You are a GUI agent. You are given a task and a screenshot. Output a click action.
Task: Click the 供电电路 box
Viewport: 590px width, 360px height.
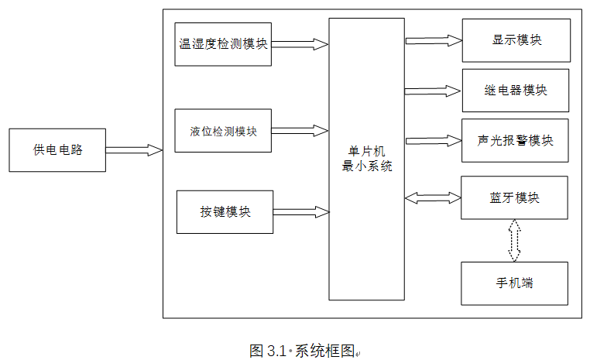click(x=57, y=150)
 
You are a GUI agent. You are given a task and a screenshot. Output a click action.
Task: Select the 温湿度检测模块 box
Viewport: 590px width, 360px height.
click(x=223, y=44)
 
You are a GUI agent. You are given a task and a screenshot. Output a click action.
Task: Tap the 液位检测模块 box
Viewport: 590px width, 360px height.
click(x=223, y=130)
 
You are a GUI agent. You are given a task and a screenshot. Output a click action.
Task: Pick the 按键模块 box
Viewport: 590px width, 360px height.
click(x=225, y=211)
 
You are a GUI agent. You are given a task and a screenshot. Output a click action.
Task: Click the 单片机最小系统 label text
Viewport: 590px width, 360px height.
click(x=367, y=158)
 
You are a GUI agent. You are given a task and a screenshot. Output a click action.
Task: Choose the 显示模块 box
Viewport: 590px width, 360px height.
click(x=516, y=40)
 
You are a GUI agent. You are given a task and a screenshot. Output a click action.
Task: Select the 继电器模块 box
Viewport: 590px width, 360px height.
click(x=515, y=90)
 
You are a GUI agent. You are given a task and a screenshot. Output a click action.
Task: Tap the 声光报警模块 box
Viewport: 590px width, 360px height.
click(x=515, y=140)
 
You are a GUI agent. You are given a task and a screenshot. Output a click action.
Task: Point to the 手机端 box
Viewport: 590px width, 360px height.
click(x=514, y=283)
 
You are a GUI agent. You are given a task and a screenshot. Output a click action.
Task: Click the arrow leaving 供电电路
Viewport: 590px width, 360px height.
click(x=133, y=150)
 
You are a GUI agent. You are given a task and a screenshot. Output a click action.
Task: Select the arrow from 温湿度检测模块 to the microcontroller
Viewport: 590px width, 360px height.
click(x=300, y=45)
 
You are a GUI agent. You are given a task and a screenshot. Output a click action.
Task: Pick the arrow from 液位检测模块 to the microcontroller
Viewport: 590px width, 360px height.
click(x=300, y=129)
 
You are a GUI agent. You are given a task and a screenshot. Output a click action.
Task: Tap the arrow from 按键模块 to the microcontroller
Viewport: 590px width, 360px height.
click(x=300, y=211)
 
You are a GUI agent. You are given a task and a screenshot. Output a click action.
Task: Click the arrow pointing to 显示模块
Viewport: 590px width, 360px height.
click(x=433, y=39)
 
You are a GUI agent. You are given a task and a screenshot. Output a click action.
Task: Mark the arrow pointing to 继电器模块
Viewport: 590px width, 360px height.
click(x=433, y=91)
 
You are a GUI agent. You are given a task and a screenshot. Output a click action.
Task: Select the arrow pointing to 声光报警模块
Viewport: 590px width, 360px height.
click(x=433, y=141)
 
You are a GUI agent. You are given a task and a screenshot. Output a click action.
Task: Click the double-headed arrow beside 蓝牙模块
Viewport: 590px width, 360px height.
click(x=433, y=198)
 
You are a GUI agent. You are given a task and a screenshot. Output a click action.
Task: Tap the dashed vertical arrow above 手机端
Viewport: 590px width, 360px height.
click(x=514, y=240)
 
